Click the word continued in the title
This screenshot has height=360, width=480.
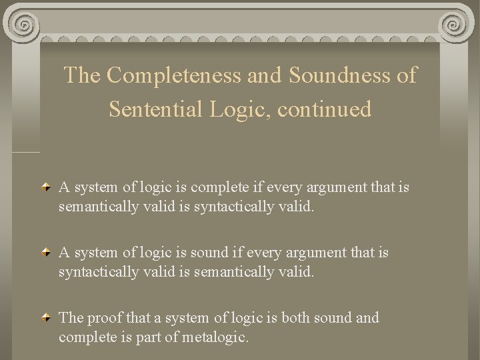[325, 109]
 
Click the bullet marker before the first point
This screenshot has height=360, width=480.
[45, 188]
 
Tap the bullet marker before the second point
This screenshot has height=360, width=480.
[45, 253]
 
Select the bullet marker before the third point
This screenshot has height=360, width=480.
[45, 319]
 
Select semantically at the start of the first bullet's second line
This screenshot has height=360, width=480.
[99, 207]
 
